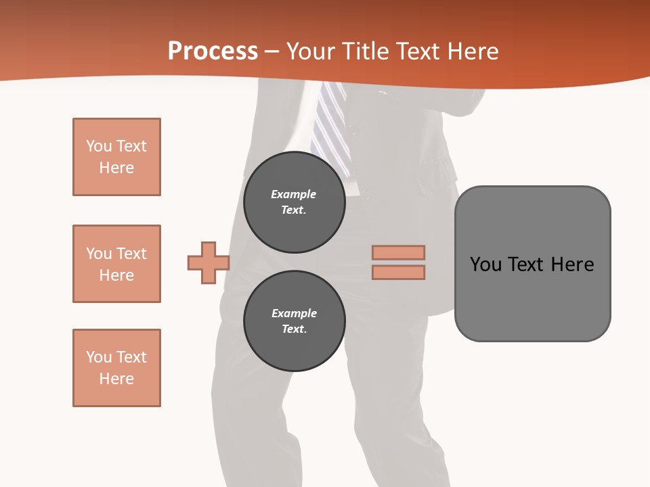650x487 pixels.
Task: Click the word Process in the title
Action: pyautogui.click(x=213, y=51)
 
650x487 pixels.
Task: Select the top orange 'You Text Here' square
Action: pyautogui.click(x=116, y=157)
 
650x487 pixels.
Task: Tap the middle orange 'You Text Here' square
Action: pyautogui.click(x=116, y=264)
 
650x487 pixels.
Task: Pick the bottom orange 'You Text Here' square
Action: pyautogui.click(x=116, y=368)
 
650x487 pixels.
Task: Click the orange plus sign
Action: pyautogui.click(x=209, y=262)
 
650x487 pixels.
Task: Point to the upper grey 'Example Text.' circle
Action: pyautogui.click(x=294, y=202)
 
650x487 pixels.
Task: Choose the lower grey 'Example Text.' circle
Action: pyautogui.click(x=294, y=321)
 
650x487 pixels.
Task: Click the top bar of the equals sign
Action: pyautogui.click(x=398, y=253)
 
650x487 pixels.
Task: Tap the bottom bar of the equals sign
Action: pyautogui.click(x=398, y=273)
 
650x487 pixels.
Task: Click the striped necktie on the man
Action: pyautogui.click(x=330, y=125)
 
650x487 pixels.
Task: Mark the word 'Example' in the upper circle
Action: pyautogui.click(x=294, y=194)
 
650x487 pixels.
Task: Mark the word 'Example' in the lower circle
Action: pyautogui.click(x=294, y=313)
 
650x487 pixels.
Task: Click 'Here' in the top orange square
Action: pyautogui.click(x=116, y=168)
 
